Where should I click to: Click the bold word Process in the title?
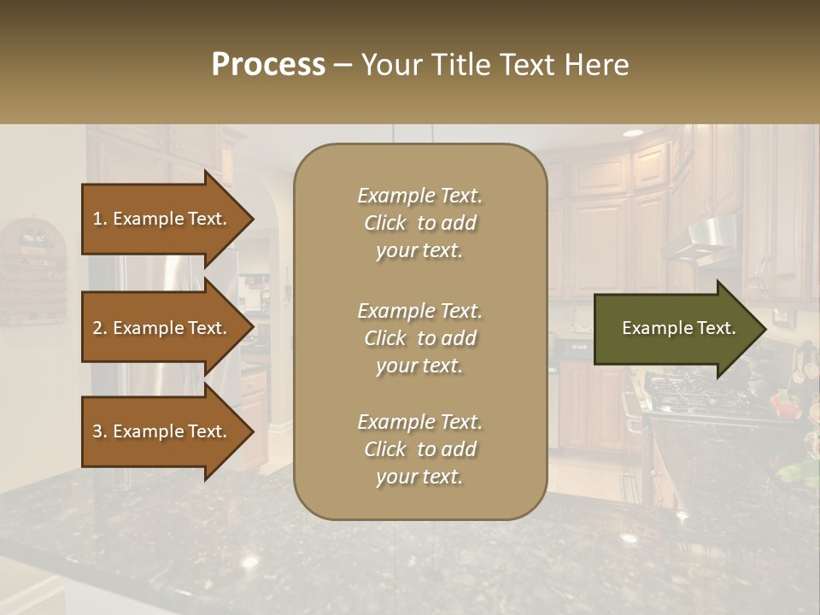tap(268, 65)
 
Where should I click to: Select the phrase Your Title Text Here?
tap(495, 65)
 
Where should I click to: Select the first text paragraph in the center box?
tap(419, 223)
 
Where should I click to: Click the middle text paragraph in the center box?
tap(419, 338)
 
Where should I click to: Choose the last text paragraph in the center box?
tap(419, 449)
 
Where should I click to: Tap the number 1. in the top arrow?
tap(100, 219)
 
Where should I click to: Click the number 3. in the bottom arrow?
tap(100, 431)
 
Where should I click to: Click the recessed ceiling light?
tap(633, 133)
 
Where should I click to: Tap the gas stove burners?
tap(683, 393)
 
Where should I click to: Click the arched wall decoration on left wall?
tap(32, 269)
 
